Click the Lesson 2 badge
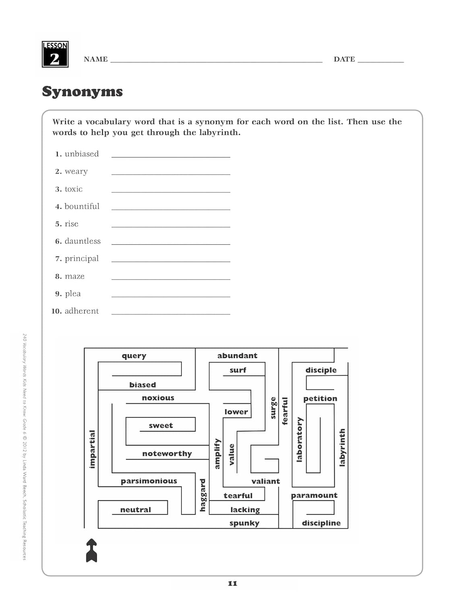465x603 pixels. click(55, 54)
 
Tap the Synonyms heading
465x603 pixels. click(82, 92)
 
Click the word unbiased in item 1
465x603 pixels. click(81, 154)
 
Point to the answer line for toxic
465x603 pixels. click(171, 191)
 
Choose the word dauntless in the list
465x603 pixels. click(83, 241)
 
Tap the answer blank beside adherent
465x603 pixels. click(171, 313)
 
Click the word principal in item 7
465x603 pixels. click(81, 258)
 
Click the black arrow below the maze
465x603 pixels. click(92, 550)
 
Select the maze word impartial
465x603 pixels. click(93, 449)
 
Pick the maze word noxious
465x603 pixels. click(158, 398)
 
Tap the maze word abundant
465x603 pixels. click(237, 356)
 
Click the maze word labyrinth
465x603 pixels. click(342, 447)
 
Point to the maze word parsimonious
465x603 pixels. click(149, 481)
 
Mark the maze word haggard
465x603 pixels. click(203, 495)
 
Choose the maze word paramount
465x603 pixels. click(314, 495)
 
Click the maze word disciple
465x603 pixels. click(321, 370)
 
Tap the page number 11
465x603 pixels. click(232, 583)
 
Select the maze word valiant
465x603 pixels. click(265, 481)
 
